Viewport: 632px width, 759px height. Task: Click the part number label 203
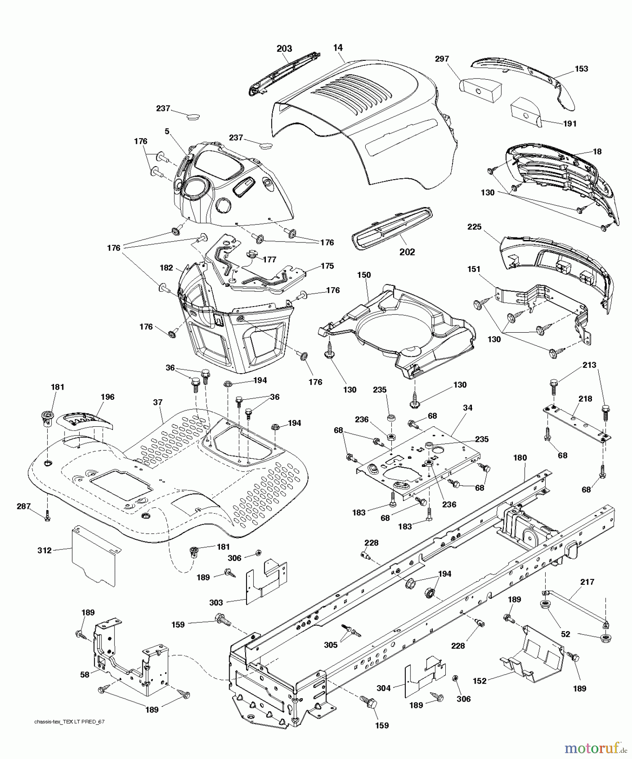click(x=284, y=49)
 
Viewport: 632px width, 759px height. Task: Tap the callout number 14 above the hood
click(x=338, y=48)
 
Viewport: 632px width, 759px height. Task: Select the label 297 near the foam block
click(x=442, y=59)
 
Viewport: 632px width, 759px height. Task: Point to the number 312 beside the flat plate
click(x=44, y=550)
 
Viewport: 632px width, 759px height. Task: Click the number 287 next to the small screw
click(x=24, y=506)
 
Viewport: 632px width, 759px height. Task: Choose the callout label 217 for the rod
click(x=587, y=582)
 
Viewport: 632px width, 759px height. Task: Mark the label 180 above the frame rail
click(x=520, y=458)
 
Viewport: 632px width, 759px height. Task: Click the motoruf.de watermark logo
click(x=595, y=748)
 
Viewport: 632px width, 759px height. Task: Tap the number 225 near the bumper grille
click(x=474, y=227)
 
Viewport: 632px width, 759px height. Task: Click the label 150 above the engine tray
click(x=364, y=275)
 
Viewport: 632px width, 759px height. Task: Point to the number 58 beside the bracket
click(x=85, y=675)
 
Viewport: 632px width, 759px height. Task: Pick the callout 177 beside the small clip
click(x=270, y=260)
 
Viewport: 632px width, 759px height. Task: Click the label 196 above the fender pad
click(x=107, y=397)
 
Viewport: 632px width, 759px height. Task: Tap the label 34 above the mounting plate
click(x=467, y=408)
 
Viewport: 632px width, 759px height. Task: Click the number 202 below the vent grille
click(x=407, y=252)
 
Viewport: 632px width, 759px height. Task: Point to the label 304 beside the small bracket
click(x=383, y=688)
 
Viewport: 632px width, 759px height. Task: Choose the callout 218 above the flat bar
click(x=585, y=398)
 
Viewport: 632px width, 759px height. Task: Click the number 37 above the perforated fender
click(x=158, y=402)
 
